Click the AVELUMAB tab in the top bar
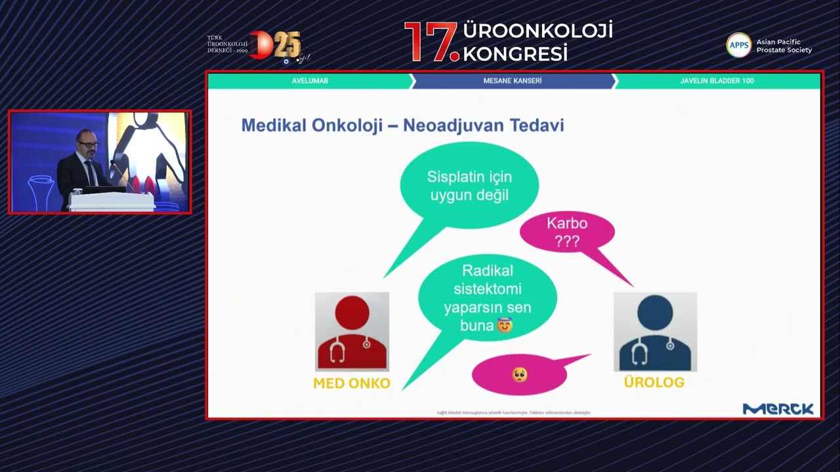point(310,81)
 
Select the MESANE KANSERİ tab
point(512,81)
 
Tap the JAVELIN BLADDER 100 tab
point(717,81)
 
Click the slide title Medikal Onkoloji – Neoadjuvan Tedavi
point(402,125)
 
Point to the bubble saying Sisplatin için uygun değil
point(469,186)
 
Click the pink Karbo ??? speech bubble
point(567,232)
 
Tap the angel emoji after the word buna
point(505,325)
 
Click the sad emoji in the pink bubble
point(519,375)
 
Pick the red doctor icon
point(352,332)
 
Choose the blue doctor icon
point(655,332)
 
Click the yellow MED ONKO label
point(352,383)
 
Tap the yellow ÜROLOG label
point(654,382)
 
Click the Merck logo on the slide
point(778,409)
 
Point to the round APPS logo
point(738,45)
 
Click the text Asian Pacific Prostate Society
point(784,46)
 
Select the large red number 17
point(430,43)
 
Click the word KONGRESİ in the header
point(515,53)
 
